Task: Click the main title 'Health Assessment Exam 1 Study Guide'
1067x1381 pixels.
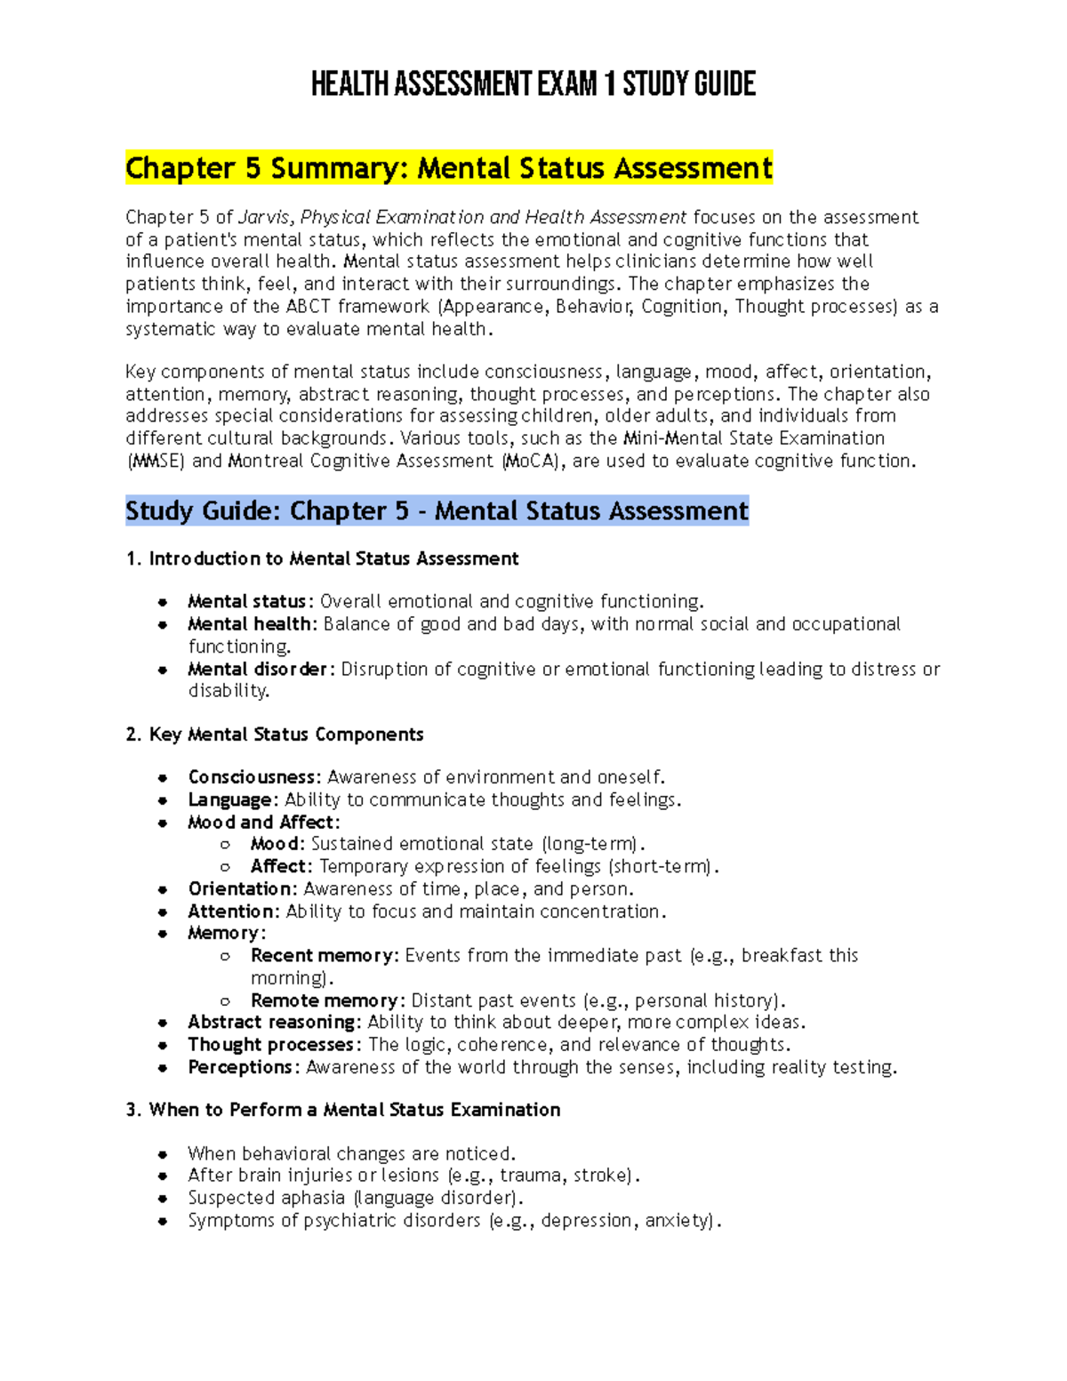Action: click(533, 85)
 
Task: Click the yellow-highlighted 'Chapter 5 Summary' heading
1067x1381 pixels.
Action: click(449, 168)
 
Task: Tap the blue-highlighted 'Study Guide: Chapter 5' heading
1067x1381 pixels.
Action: click(437, 511)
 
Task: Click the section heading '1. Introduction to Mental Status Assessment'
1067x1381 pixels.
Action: click(322, 559)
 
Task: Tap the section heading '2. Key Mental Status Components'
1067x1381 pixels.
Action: click(275, 735)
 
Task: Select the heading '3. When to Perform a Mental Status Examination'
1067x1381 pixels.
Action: click(343, 1110)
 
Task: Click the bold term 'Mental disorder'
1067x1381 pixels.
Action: click(258, 670)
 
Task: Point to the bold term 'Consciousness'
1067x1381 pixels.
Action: click(252, 778)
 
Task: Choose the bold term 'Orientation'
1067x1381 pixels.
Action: click(240, 889)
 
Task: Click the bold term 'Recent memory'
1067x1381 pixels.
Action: click(324, 956)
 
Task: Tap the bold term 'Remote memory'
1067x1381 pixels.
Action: click(325, 1000)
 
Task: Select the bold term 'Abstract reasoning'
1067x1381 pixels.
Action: click(273, 1023)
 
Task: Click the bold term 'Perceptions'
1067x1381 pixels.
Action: click(240, 1067)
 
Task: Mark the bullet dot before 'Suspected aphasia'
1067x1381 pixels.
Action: click(163, 1199)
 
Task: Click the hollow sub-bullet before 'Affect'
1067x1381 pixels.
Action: click(226, 867)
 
